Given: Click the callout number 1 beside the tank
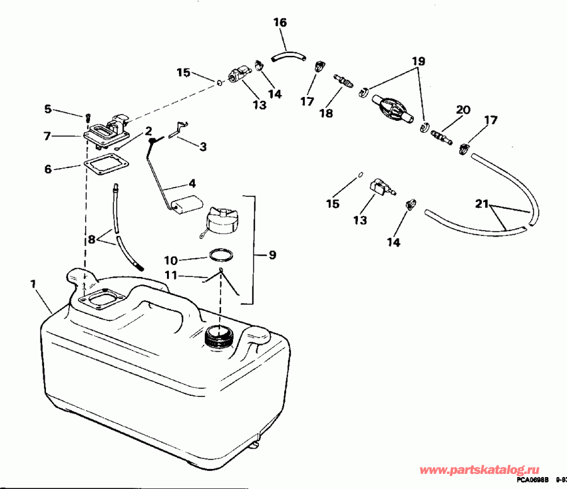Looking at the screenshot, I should click(x=33, y=284).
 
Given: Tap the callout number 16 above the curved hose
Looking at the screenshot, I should click(x=280, y=23).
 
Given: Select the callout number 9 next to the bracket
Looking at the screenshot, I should click(x=272, y=256).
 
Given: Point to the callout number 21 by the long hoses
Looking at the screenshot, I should click(x=481, y=203).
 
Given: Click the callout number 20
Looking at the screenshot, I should click(x=463, y=110).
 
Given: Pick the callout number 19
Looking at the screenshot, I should click(x=418, y=62).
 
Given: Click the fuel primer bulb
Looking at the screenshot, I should click(x=390, y=109).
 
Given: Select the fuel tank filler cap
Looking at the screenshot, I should click(x=219, y=220).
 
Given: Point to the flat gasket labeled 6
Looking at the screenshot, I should click(x=104, y=166).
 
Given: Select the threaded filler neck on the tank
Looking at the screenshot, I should click(x=220, y=338).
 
